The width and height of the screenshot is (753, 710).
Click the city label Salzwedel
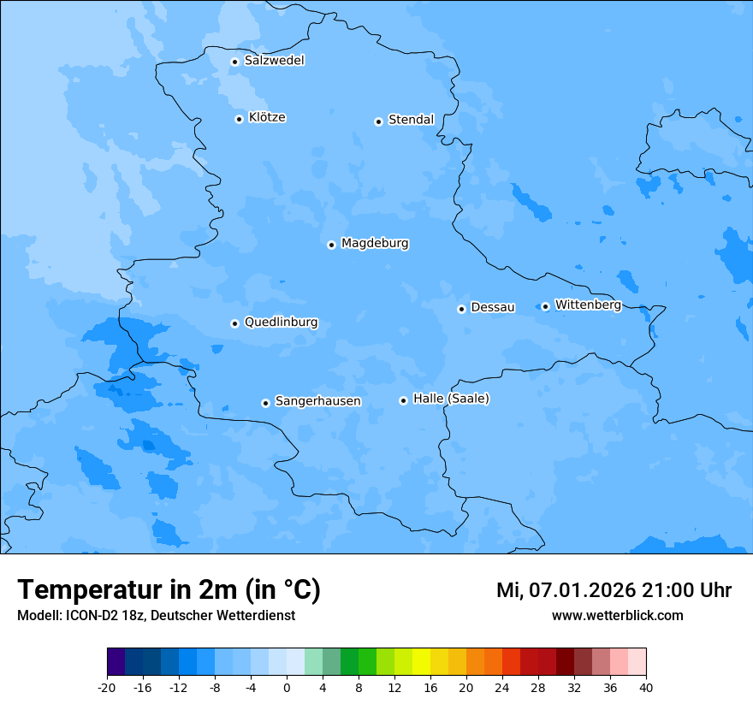(x=274, y=61)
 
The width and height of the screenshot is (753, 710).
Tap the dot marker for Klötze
(x=239, y=119)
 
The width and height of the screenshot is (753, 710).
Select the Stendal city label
(x=411, y=120)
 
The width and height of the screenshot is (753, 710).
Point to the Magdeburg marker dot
(x=331, y=245)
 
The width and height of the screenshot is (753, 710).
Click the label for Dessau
(x=493, y=307)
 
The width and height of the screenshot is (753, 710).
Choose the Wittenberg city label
(x=588, y=305)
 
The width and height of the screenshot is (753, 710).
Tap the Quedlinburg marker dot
(x=234, y=323)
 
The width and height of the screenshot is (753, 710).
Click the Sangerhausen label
(x=317, y=401)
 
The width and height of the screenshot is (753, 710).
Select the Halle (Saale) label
(x=451, y=399)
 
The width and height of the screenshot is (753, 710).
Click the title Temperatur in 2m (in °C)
(x=169, y=589)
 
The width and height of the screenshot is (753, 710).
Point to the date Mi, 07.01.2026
(x=564, y=590)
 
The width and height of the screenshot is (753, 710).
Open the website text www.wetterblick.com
(x=617, y=615)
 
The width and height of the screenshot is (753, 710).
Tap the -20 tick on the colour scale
(x=107, y=687)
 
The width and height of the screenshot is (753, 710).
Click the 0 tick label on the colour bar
(x=287, y=687)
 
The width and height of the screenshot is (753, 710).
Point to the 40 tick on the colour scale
(x=645, y=687)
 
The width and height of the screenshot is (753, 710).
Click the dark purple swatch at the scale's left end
(x=116, y=662)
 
